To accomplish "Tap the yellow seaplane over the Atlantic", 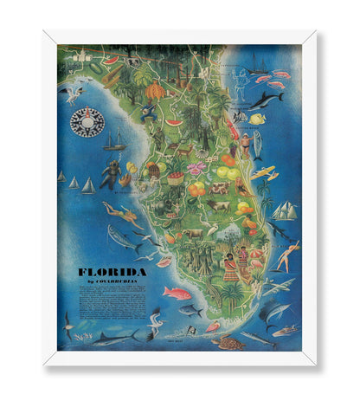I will click(264, 172).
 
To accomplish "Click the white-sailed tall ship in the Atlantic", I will click(284, 210).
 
